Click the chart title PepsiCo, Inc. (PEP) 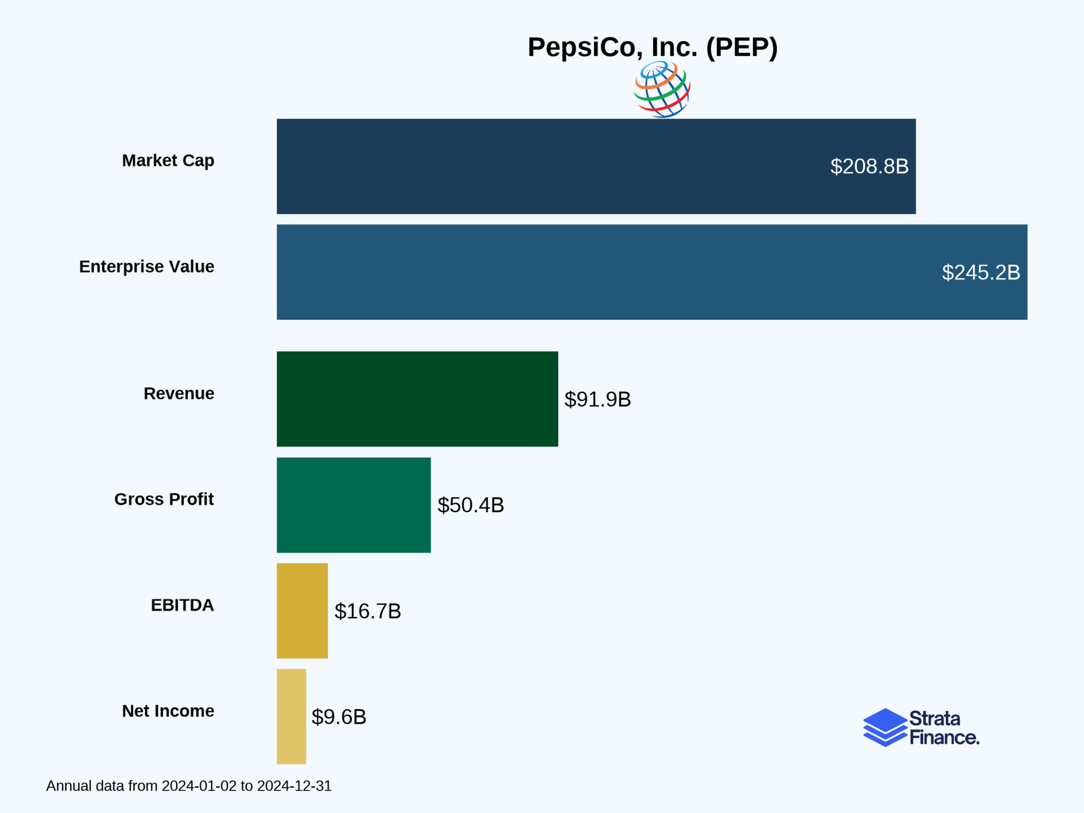tap(653, 47)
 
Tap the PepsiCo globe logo tap(662, 90)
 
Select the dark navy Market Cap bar tap(565, 166)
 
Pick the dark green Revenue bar tap(417, 399)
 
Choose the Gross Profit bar tap(353, 505)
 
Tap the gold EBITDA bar tap(302, 610)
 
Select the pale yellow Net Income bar tap(291, 716)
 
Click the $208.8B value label tap(869, 167)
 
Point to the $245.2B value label tap(981, 273)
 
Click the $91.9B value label tap(597, 399)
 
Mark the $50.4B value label tap(470, 505)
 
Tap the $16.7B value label tap(368, 611)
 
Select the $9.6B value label tap(339, 717)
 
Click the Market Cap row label tap(168, 161)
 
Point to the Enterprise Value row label tap(146, 266)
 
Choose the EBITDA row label tap(182, 605)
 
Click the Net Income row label tap(168, 711)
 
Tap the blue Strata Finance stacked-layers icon tap(885, 727)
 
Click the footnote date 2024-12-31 tap(294, 786)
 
